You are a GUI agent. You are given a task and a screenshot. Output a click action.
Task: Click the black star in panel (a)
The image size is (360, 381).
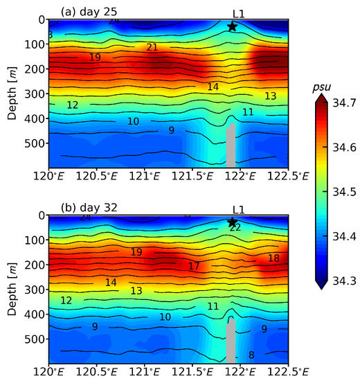[232, 26]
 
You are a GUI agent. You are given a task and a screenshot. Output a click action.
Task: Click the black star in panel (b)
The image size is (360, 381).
[232, 222]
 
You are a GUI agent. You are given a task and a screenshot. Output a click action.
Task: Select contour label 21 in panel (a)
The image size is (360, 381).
[152, 47]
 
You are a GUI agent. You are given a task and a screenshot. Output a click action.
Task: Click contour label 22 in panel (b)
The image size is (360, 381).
[235, 227]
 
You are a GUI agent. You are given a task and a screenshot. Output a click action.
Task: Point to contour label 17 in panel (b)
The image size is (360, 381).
[195, 266]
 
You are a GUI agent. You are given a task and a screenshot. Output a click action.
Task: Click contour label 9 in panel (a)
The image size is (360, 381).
[171, 130]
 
